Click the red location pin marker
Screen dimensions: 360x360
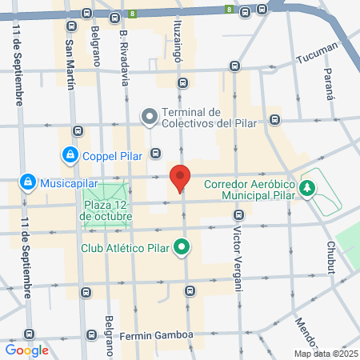click(180, 178)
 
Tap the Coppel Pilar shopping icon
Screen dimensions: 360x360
click(70, 154)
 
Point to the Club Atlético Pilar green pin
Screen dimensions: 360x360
click(182, 247)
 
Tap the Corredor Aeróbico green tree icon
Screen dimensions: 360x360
click(307, 188)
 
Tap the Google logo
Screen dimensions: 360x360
click(26, 350)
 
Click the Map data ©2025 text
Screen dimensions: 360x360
click(324, 353)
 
